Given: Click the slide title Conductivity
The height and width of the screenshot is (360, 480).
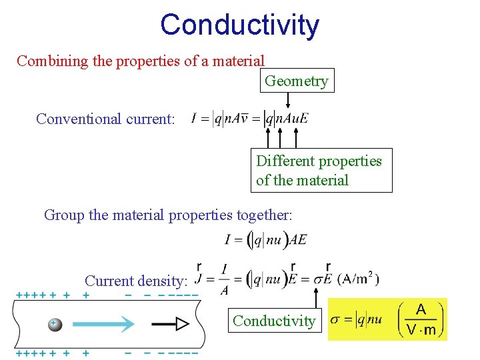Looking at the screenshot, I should tap(239, 25).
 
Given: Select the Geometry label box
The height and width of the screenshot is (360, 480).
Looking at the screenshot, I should tap(296, 81).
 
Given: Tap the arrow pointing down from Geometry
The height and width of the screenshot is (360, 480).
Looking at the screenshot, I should tap(288, 100).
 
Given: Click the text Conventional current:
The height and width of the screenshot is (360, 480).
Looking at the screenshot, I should tap(105, 119).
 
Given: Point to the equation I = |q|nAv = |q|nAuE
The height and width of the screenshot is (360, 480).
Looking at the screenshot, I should tap(249, 119).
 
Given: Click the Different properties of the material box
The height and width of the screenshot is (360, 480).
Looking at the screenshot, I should tap(321, 171).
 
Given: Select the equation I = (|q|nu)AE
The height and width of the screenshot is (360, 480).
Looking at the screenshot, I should tap(266, 241).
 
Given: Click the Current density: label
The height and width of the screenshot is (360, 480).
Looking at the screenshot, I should tap(137, 281).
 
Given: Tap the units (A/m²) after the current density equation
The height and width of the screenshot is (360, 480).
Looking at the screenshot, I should tap(359, 278).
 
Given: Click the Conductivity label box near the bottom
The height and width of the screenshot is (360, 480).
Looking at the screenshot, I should tap(273, 321).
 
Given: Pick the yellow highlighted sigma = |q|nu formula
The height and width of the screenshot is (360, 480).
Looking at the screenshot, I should tap(356, 319).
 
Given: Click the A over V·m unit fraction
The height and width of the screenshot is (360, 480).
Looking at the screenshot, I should tap(421, 319).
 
